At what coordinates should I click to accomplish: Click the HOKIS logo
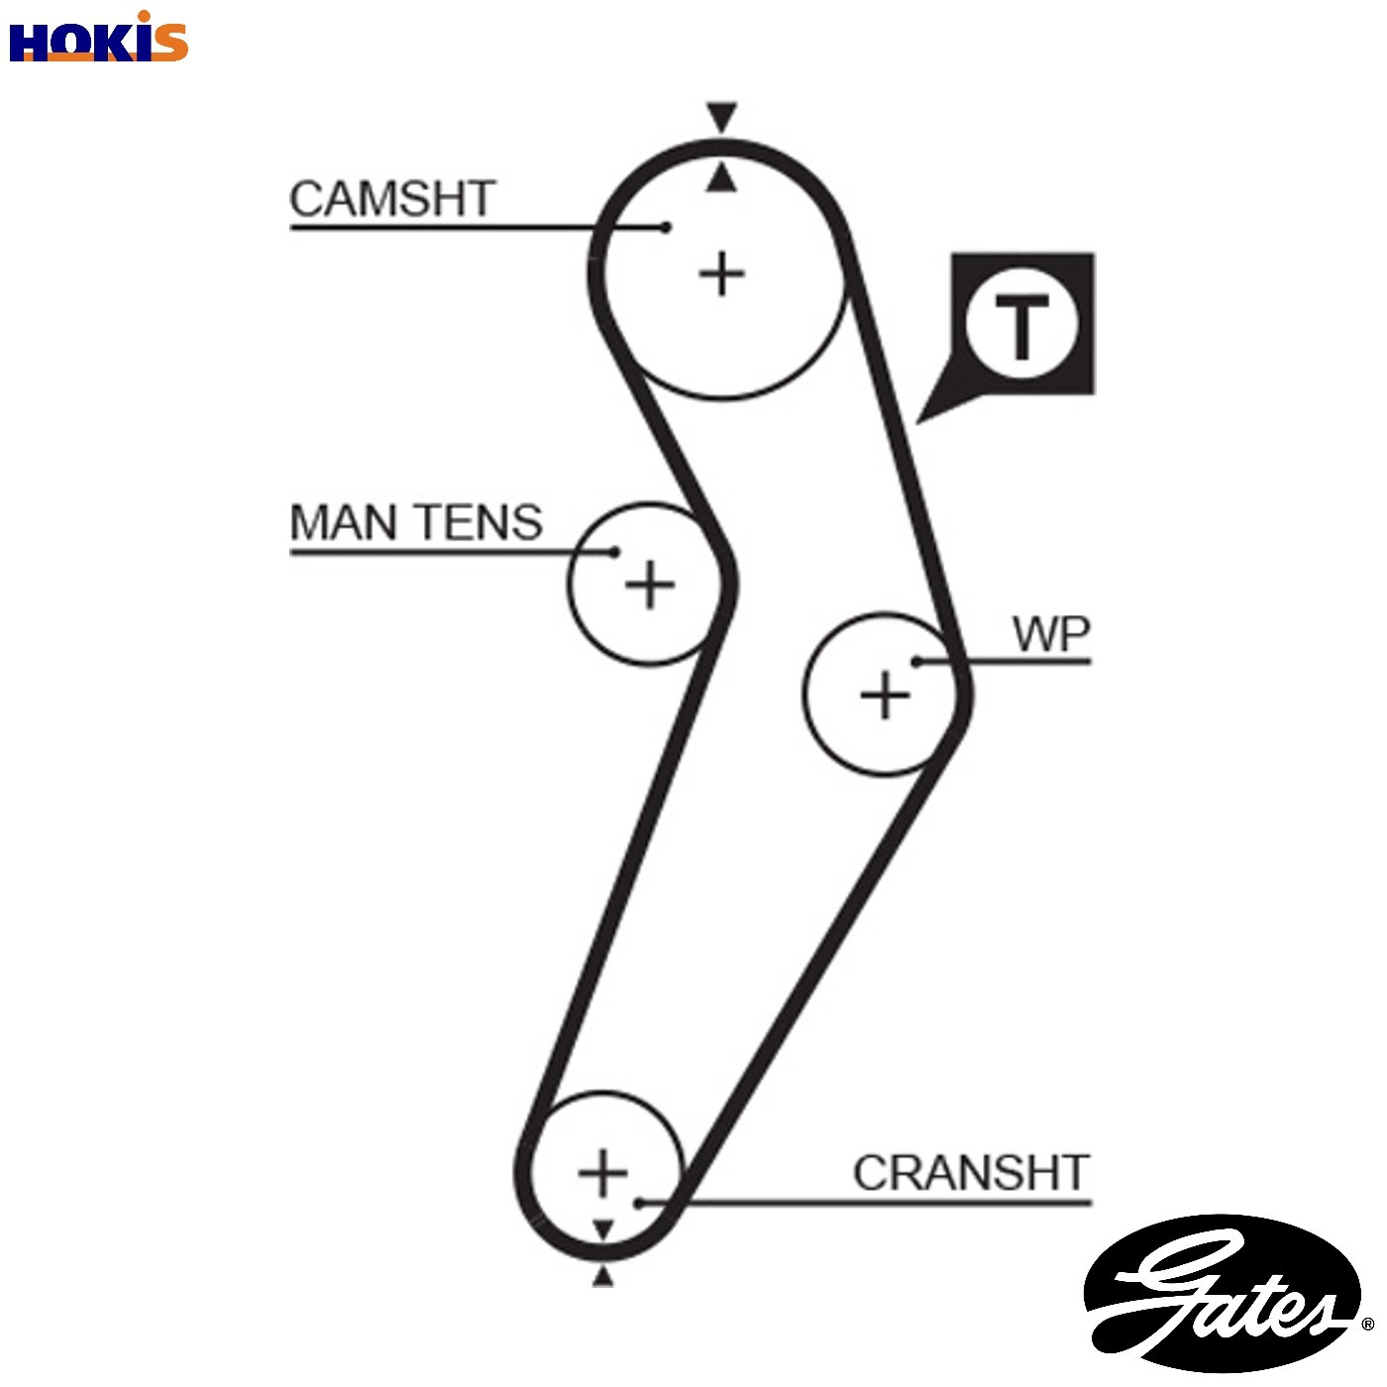click(98, 37)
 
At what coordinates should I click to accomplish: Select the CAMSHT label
click(392, 199)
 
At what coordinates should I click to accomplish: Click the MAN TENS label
click(416, 522)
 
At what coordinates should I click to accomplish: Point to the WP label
click(1051, 634)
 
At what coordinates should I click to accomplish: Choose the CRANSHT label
click(972, 1173)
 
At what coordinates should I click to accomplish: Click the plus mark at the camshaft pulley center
click(722, 273)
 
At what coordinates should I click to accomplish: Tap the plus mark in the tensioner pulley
click(650, 584)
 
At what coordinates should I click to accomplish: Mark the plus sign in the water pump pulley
click(885, 695)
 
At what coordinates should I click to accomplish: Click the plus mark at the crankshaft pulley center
click(603, 1173)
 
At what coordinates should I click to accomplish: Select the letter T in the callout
click(1021, 327)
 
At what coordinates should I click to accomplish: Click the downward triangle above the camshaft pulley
click(722, 116)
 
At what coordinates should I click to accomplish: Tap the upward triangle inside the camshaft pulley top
click(721, 177)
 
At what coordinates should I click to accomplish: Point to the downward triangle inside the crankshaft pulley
click(603, 1230)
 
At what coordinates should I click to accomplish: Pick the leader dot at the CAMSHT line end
click(666, 228)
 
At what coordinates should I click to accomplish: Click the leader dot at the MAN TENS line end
click(614, 552)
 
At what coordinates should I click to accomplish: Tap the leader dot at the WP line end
click(917, 662)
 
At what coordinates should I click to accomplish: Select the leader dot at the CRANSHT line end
click(639, 1203)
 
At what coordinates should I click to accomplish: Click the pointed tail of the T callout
click(917, 422)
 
